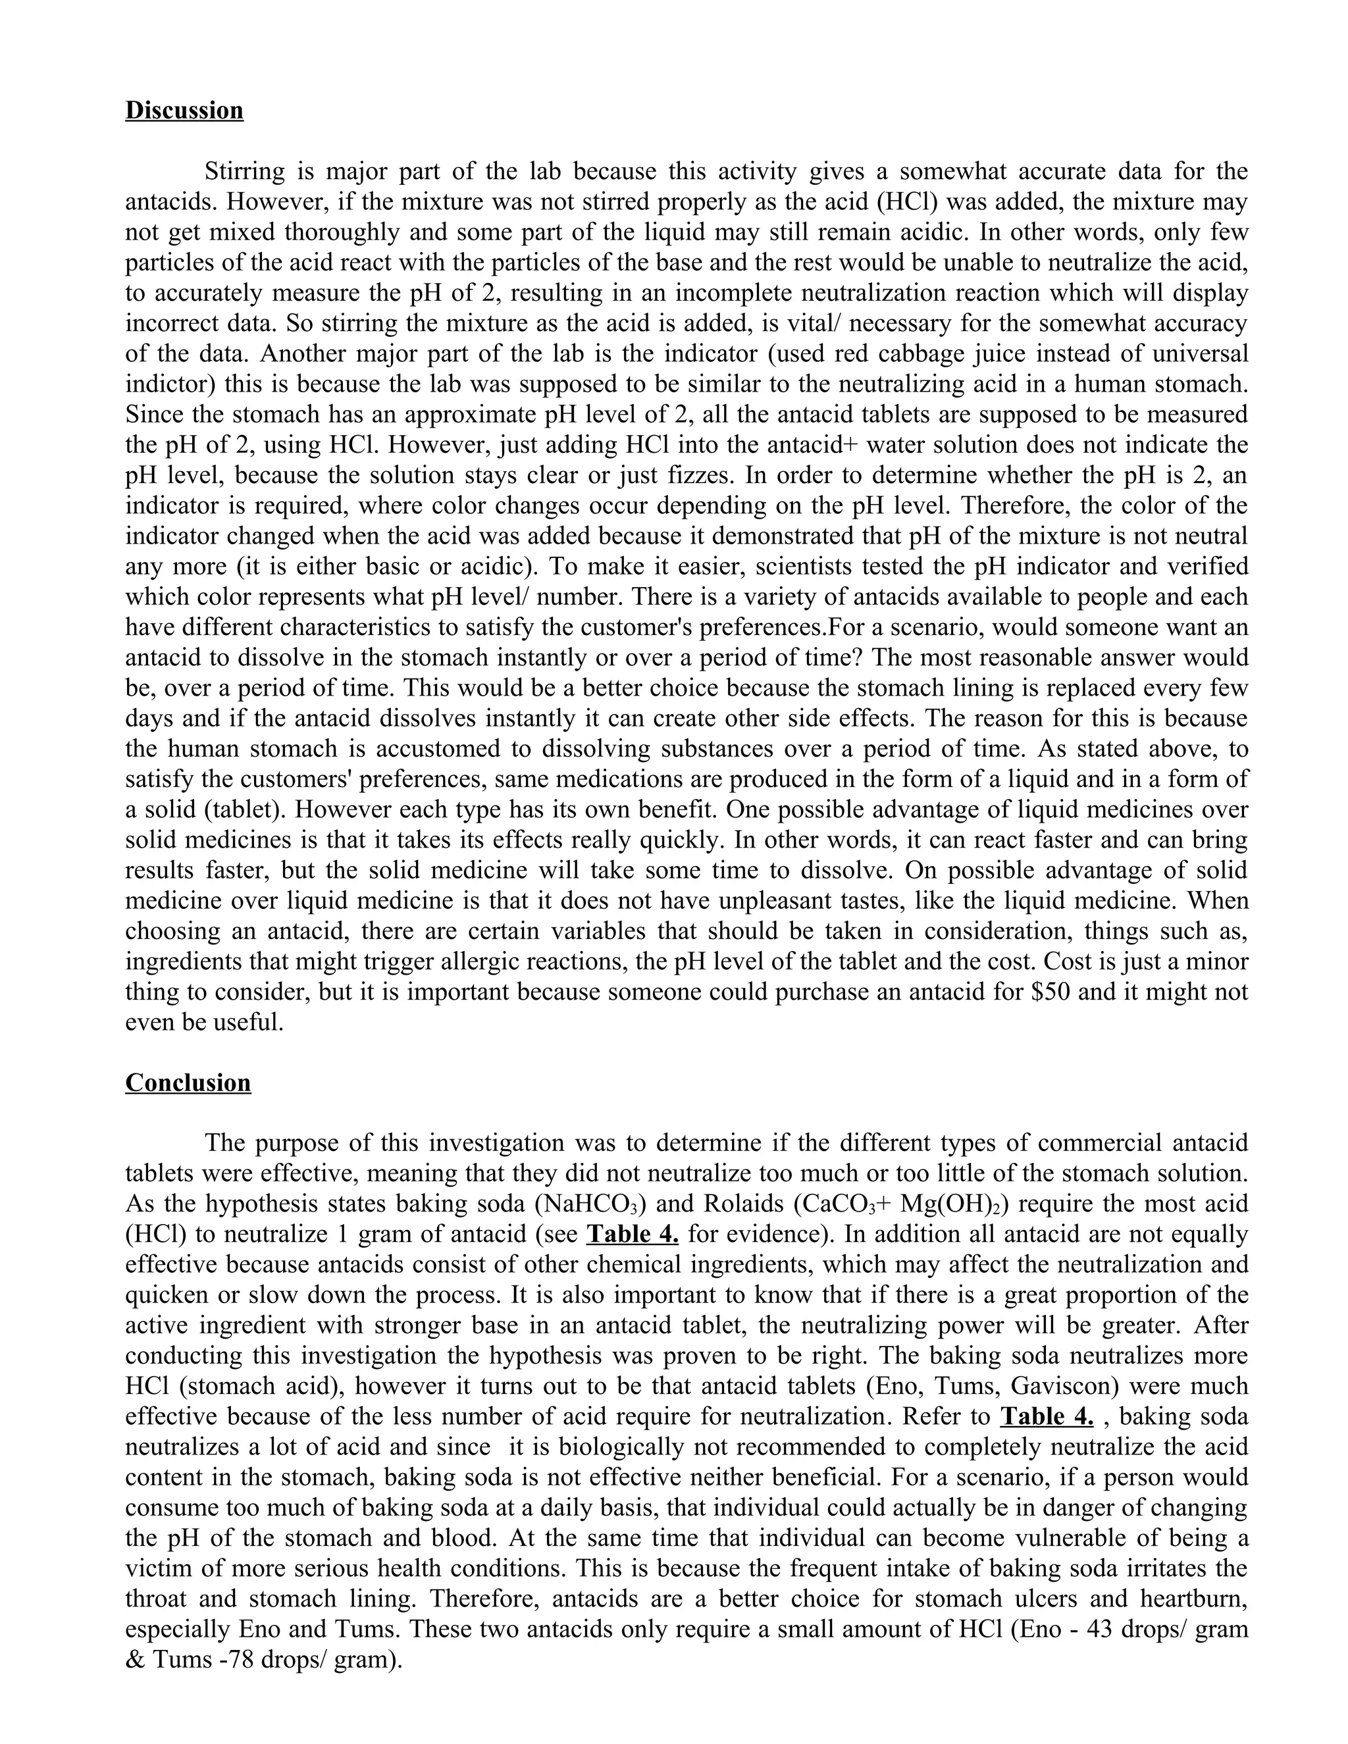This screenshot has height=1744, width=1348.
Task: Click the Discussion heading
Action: [x=184, y=110]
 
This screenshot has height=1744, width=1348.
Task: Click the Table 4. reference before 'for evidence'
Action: [x=633, y=1235]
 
